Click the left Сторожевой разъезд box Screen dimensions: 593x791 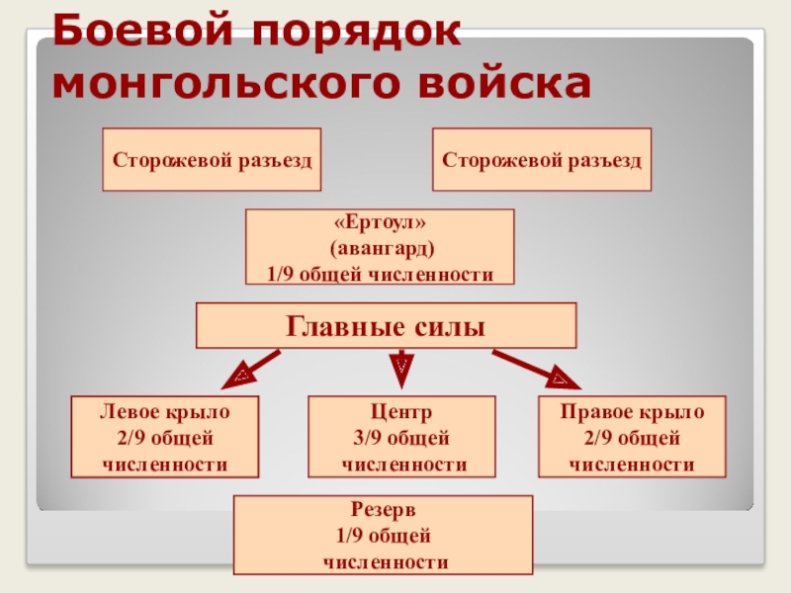(x=213, y=159)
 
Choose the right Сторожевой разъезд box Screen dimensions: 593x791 (x=542, y=159)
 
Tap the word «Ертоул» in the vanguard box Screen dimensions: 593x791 (x=380, y=224)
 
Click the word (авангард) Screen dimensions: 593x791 (x=380, y=247)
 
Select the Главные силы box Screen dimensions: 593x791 (x=386, y=325)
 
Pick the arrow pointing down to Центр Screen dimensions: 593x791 (x=400, y=367)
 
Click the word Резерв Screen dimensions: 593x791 (x=383, y=512)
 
